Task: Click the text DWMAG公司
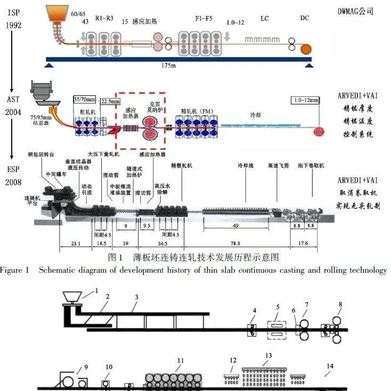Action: pyautogui.click(x=356, y=11)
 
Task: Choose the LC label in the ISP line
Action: pyautogui.click(x=265, y=19)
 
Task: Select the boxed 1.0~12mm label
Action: pyautogui.click(x=305, y=100)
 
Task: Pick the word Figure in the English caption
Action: pyautogui.click(x=11, y=270)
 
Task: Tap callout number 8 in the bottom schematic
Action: pyautogui.click(x=339, y=304)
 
